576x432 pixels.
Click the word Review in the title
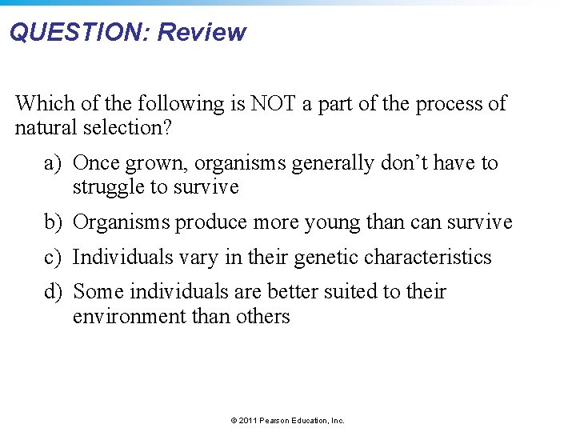pyautogui.click(x=202, y=33)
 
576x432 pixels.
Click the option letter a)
pyautogui.click(x=53, y=163)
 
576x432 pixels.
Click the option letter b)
pyautogui.click(x=53, y=222)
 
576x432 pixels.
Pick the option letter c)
pyautogui.click(x=53, y=258)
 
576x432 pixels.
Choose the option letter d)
pyautogui.click(x=53, y=293)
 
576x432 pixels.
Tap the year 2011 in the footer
pyautogui.click(x=247, y=420)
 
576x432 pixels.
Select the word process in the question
pyautogui.click(x=442, y=103)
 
